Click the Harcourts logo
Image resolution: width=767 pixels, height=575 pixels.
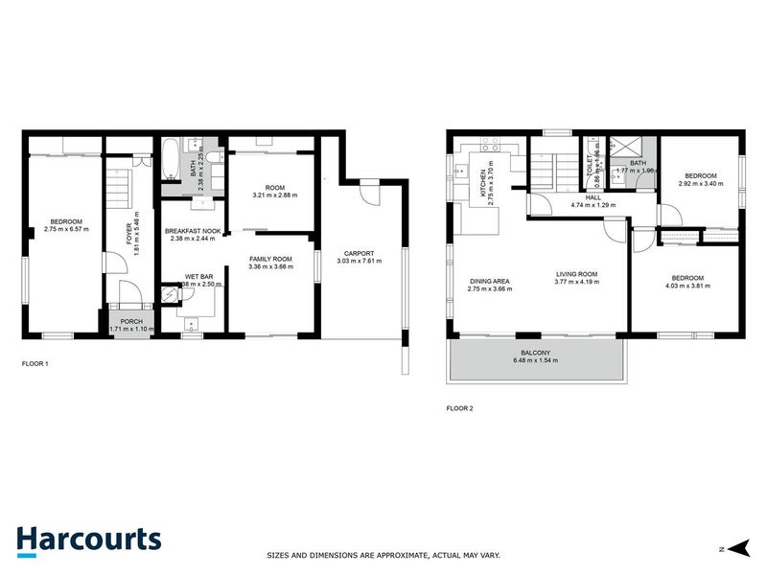[88, 539]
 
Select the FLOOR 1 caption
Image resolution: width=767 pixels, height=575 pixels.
[35, 364]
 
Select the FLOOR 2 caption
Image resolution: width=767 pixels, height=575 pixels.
[460, 408]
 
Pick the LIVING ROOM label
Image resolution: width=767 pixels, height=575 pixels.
[576, 274]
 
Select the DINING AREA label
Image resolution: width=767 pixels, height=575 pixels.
[488, 282]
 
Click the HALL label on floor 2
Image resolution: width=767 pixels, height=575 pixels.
[593, 197]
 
